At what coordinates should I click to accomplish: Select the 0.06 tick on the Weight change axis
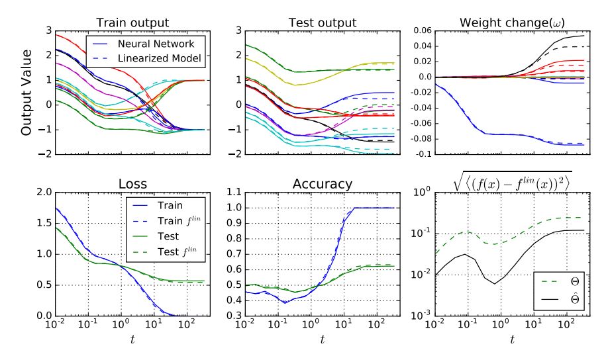click(420, 31)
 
